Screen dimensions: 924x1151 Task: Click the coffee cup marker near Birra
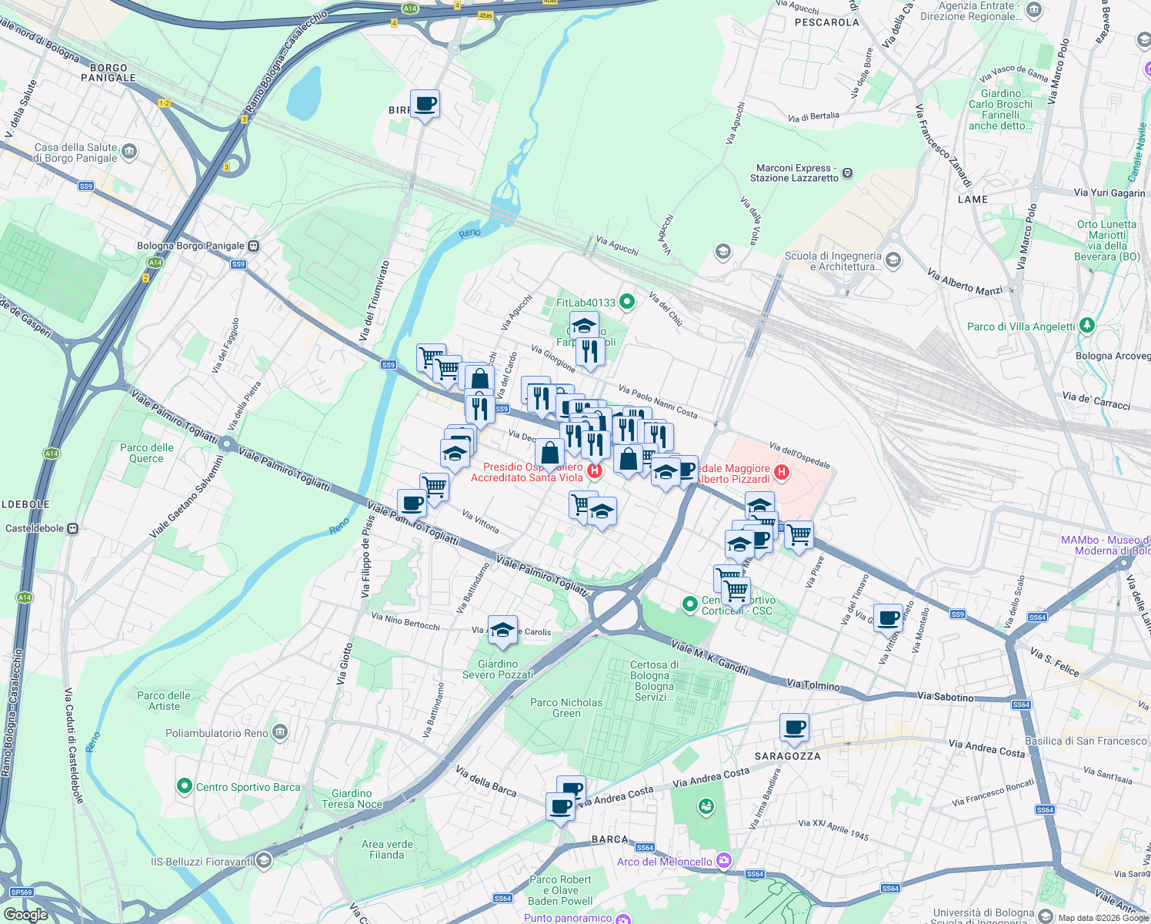425,104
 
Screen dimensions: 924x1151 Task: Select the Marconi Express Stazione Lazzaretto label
794,173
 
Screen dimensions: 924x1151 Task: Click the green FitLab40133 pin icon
627,303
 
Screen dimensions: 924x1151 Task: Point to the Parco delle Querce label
146,453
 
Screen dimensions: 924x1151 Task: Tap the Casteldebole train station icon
73,529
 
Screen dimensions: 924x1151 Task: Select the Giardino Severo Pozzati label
498,669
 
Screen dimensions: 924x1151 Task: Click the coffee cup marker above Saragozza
794,727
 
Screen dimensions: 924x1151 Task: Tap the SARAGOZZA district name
787,756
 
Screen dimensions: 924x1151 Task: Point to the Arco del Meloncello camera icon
723,861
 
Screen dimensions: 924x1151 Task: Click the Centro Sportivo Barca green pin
184,786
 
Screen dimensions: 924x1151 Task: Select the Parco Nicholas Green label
566,708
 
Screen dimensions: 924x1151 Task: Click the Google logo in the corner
25,915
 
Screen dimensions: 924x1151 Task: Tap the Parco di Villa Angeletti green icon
1086,326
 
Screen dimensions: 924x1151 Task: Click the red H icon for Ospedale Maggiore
782,472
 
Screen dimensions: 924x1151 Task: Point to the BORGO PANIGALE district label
108,72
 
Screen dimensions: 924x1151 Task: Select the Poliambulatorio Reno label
217,733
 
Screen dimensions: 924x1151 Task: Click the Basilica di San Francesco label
1086,741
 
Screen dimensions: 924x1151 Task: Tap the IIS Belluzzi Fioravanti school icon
263,860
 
